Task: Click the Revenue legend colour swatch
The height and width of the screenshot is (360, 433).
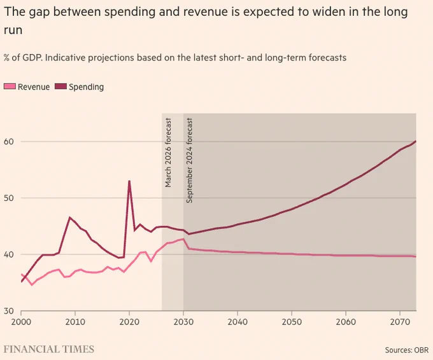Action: [10, 87]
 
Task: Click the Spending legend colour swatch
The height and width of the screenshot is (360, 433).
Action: [60, 87]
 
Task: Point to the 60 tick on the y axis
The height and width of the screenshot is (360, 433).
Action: [9, 141]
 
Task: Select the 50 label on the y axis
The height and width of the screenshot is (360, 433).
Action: [9, 198]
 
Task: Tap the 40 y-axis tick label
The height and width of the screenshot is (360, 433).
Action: [9, 254]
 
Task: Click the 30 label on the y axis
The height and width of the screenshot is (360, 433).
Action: [9, 311]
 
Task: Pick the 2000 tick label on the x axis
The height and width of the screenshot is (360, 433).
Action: [21, 322]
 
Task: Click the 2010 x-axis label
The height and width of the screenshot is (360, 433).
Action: [75, 322]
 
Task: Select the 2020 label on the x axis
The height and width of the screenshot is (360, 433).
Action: [129, 322]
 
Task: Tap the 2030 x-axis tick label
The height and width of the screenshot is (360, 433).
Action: [183, 322]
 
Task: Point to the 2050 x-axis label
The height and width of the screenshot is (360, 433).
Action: [292, 322]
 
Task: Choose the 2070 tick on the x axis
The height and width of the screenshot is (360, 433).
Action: [400, 322]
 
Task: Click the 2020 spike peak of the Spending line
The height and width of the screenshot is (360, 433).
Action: [129, 181]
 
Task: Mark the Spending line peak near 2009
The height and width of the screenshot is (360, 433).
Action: [69, 218]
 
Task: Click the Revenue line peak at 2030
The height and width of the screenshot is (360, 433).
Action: [183, 239]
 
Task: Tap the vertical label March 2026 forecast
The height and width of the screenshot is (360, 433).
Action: [168, 153]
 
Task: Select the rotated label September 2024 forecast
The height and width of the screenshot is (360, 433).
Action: [190, 160]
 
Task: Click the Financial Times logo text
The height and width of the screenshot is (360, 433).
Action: [49, 349]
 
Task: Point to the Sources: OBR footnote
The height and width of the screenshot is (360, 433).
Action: [407, 350]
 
